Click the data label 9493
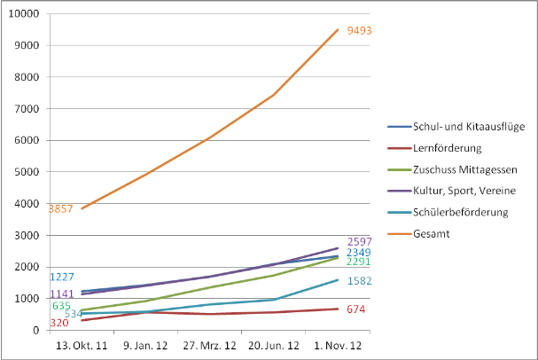(360, 31)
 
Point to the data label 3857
(60, 209)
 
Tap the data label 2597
(360, 241)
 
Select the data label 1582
(360, 281)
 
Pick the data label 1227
(62, 278)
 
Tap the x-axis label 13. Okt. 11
(82, 344)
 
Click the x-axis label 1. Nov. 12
(336, 344)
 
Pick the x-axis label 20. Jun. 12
(273, 344)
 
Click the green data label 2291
(360, 262)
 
